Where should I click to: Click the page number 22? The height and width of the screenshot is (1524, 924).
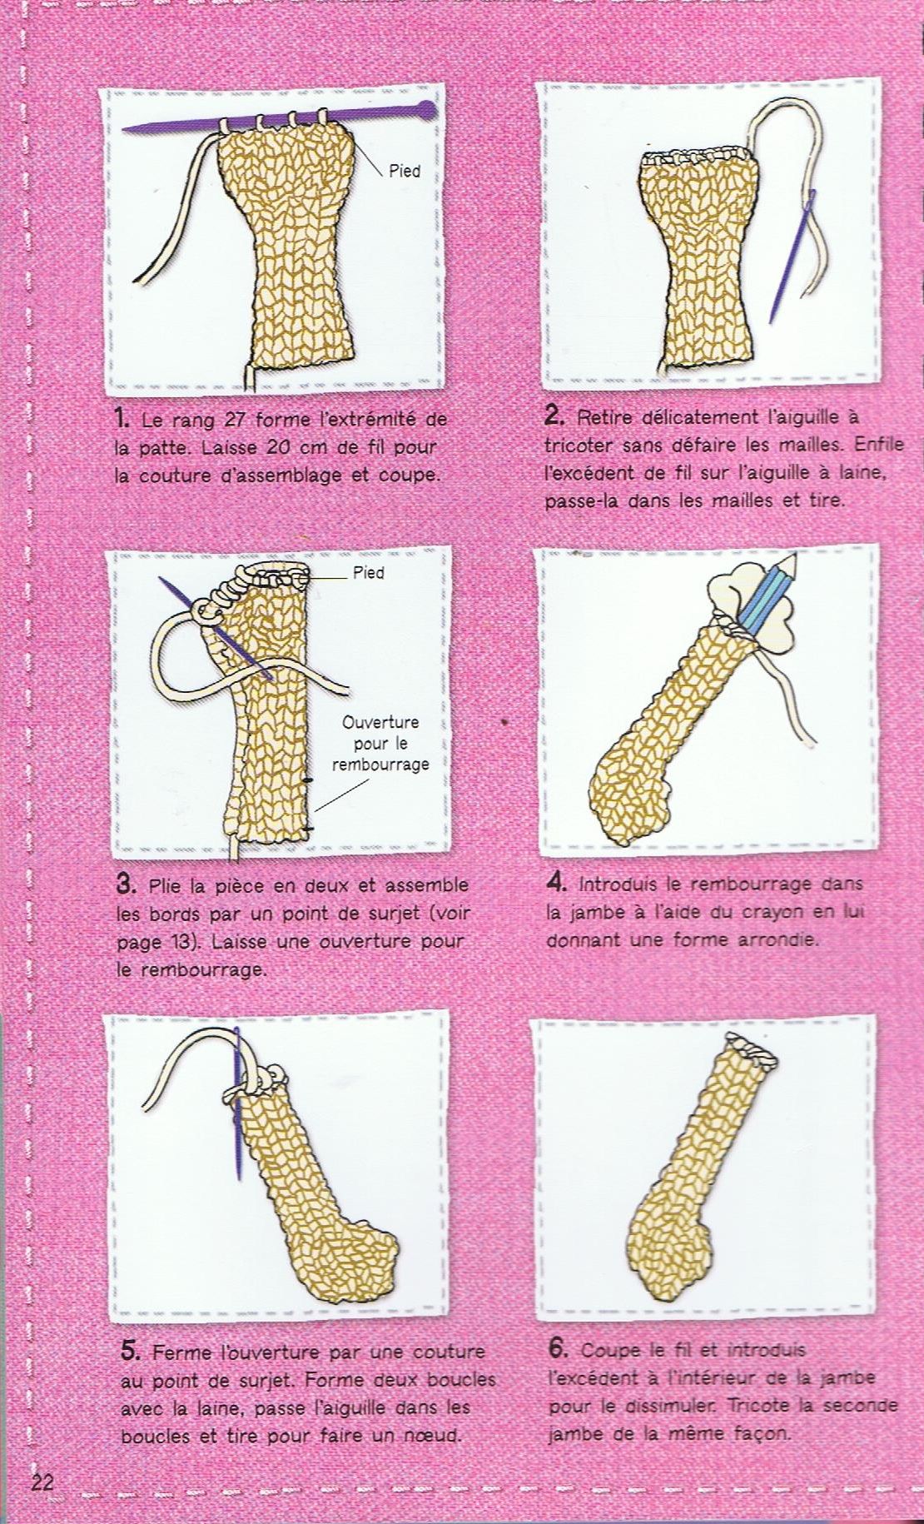click(42, 1482)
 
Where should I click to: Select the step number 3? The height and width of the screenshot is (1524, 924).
click(127, 884)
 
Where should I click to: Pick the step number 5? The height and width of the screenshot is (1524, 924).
click(132, 1350)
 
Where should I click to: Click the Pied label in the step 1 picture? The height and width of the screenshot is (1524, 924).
click(405, 172)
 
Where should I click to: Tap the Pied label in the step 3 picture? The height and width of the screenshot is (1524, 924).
click(368, 573)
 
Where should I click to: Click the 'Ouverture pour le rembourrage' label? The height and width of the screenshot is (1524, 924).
click(380, 744)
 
